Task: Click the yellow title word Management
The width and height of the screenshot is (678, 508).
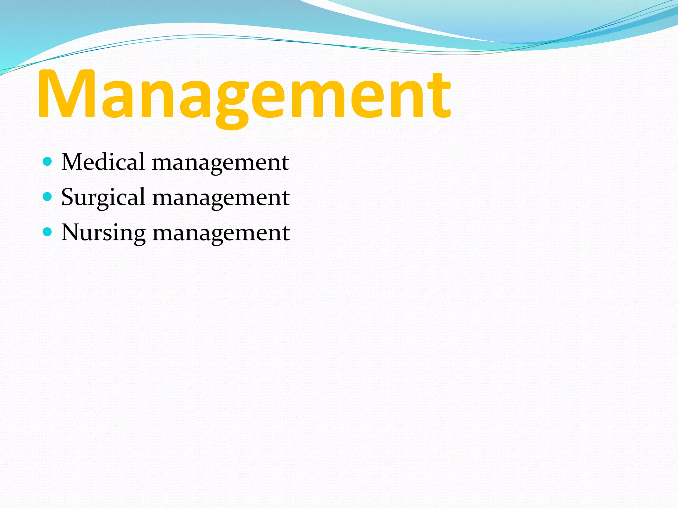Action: (244, 94)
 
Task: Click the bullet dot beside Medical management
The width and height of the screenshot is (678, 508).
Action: (48, 162)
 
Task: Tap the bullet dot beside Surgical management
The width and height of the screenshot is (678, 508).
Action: (48, 197)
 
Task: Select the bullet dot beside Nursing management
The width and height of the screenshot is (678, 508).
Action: (48, 232)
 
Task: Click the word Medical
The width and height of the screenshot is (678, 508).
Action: (103, 162)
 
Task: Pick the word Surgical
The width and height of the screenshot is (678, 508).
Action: (103, 198)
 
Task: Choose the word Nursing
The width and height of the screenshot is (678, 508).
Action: (103, 233)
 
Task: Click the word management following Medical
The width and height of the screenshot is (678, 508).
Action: (221, 163)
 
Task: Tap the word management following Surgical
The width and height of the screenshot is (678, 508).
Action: (221, 198)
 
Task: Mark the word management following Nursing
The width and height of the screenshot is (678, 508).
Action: (221, 233)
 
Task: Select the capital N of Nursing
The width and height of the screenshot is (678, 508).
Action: (71, 232)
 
